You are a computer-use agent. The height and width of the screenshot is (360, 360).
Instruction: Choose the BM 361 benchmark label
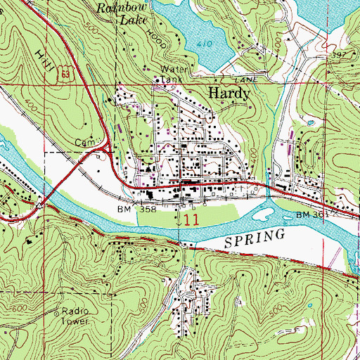311,214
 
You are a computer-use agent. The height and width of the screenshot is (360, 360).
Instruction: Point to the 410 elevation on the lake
205,44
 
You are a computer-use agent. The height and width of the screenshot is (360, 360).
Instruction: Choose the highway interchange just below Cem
107,148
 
